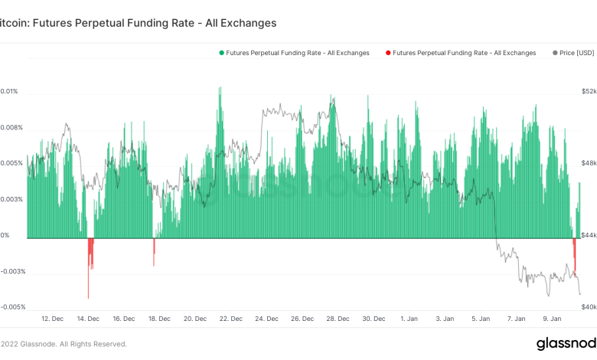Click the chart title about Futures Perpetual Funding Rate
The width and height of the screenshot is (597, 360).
pyautogui.click(x=138, y=23)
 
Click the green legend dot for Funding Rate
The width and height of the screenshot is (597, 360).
pyautogui.click(x=222, y=53)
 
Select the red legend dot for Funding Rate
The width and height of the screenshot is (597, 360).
pyautogui.click(x=388, y=53)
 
